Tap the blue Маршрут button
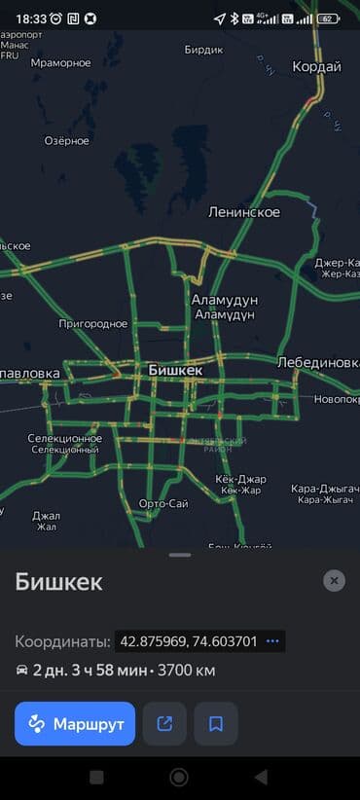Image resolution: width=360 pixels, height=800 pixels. (x=75, y=723)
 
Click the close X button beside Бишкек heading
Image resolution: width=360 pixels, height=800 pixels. (x=334, y=580)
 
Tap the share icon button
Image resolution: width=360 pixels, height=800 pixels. (x=164, y=723)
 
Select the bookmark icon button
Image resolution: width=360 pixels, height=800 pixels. (x=216, y=723)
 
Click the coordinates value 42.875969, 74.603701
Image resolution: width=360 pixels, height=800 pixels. (x=188, y=641)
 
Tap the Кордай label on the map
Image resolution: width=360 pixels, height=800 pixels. (x=316, y=67)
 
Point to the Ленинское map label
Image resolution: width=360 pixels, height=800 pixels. (x=243, y=212)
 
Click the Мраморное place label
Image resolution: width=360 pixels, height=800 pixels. (x=60, y=63)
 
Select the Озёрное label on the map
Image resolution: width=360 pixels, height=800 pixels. (x=66, y=141)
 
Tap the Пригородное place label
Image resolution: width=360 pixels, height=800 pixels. (x=93, y=323)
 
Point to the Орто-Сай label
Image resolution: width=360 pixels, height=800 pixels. (x=163, y=503)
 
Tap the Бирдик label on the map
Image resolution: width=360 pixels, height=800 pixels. (x=203, y=49)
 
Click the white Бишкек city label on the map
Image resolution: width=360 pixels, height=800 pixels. (x=175, y=371)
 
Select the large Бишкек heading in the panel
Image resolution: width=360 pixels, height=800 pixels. (x=58, y=582)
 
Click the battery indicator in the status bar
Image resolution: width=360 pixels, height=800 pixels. (x=329, y=18)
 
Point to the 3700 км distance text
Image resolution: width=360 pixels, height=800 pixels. (x=188, y=671)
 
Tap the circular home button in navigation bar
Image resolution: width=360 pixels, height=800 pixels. (x=179, y=777)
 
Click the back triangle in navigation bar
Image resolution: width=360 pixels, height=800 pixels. (x=261, y=777)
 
